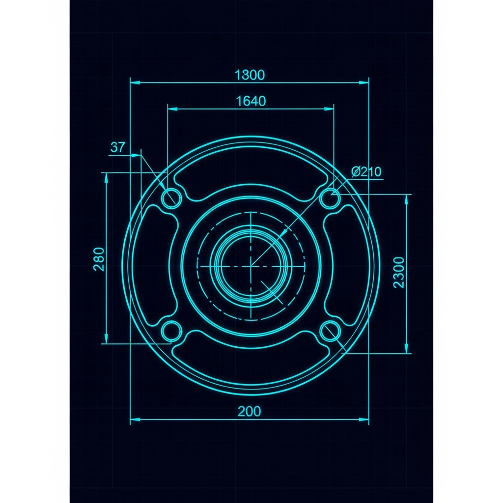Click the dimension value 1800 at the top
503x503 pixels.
pos(250,75)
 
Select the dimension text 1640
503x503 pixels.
pos(251,101)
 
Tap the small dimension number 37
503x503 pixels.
pos(117,147)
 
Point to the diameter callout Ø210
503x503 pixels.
pos(366,171)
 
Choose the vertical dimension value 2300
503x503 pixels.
pos(399,272)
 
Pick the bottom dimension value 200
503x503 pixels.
pos(249,411)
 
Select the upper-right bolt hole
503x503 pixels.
pos(331,198)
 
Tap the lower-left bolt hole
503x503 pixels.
pos(171,331)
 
